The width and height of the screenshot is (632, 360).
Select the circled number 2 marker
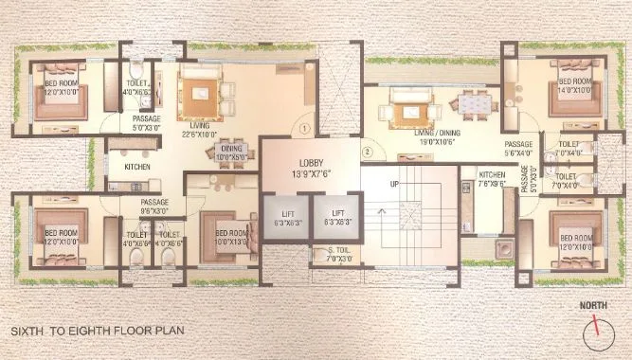click(x=366, y=151)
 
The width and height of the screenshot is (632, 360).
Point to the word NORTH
click(x=595, y=307)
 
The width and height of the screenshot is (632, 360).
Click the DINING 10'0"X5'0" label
click(x=232, y=152)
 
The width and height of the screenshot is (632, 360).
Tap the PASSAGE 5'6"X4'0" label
click(x=522, y=148)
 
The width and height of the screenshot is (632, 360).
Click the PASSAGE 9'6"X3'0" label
click(x=155, y=207)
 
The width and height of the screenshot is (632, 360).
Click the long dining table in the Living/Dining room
click(x=471, y=101)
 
